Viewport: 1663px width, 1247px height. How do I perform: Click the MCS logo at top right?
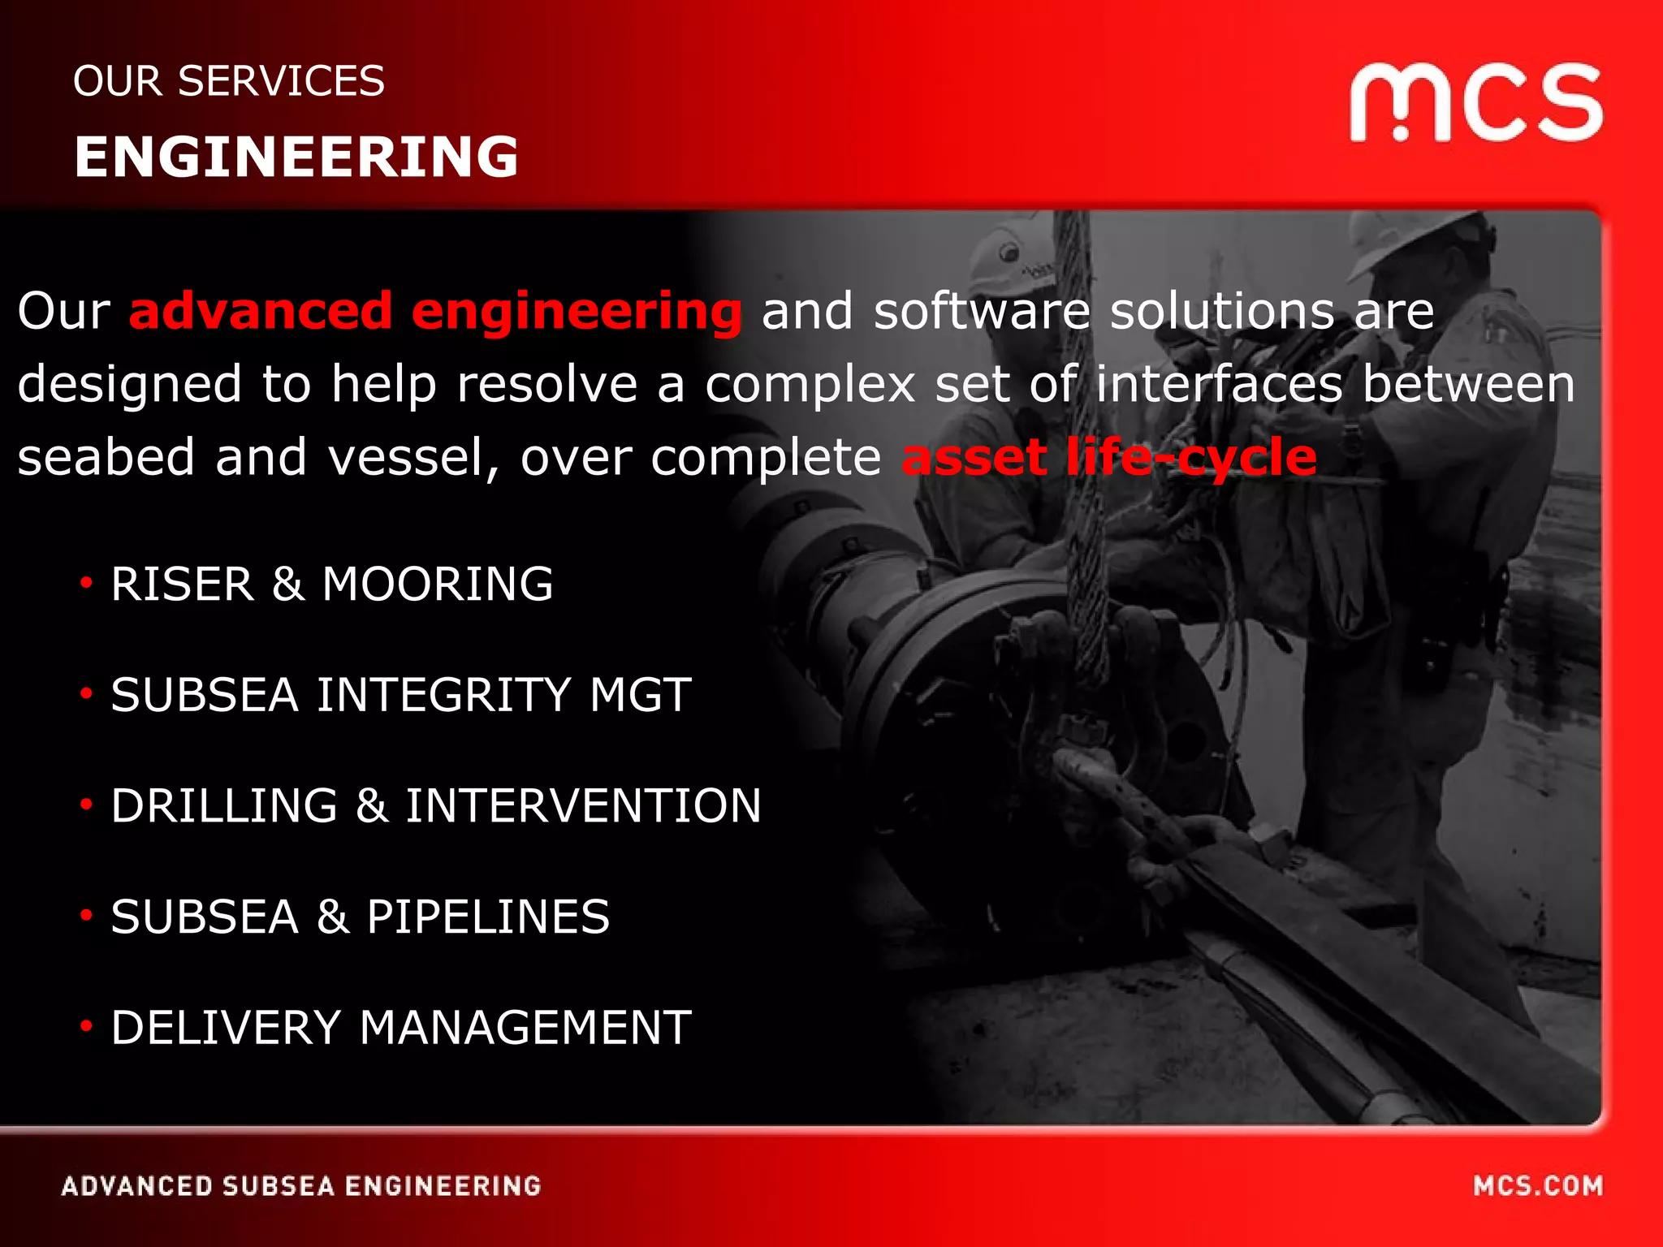tap(1475, 103)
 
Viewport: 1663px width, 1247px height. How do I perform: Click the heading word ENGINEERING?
tap(296, 157)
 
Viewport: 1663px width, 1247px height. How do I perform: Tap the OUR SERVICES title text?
tap(229, 81)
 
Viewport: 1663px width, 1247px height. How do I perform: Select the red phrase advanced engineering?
tap(435, 311)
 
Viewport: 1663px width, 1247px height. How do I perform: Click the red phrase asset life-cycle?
tap(1108, 457)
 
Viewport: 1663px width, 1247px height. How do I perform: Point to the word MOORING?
tap(438, 584)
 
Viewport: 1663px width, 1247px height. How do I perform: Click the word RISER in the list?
tap(183, 584)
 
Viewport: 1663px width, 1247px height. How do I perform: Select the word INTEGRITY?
tap(443, 695)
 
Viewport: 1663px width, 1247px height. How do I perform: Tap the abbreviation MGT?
tap(640, 695)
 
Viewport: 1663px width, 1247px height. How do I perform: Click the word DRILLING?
tap(224, 805)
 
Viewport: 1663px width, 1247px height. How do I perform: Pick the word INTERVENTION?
tap(583, 805)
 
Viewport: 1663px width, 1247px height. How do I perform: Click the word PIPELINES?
tap(487, 917)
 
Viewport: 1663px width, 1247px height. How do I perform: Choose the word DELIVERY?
tap(226, 1027)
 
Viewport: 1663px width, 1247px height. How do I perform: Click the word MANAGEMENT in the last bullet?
tap(525, 1027)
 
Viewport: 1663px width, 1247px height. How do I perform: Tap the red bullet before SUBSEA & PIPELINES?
tap(86, 916)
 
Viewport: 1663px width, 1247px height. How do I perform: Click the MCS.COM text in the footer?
tap(1538, 1186)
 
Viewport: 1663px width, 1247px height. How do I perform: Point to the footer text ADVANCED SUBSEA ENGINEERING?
tap(301, 1186)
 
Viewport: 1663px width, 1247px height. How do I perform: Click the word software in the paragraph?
tap(981, 311)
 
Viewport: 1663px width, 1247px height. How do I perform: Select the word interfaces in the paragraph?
tap(1218, 384)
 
